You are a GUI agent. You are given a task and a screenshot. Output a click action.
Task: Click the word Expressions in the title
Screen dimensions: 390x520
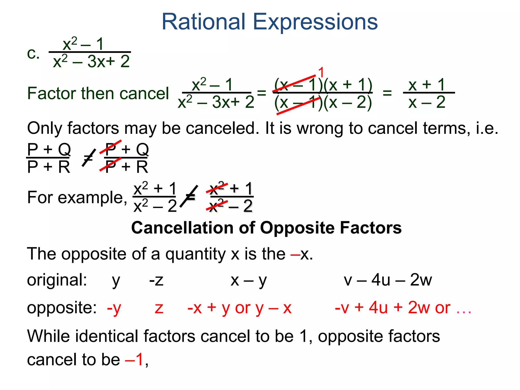pos(315,22)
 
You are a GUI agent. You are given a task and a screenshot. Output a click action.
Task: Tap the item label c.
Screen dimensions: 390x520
pos(33,54)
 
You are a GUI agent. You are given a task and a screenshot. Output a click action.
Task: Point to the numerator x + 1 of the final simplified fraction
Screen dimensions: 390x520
pos(427,85)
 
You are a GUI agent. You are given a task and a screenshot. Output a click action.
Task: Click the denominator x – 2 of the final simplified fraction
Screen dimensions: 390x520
pos(427,102)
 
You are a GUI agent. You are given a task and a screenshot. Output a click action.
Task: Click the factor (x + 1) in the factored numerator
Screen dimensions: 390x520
pos(348,85)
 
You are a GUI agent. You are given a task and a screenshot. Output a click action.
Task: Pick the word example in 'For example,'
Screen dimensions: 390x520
pos(93,198)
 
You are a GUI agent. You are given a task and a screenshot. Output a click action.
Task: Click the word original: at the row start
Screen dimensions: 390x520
pos(57,280)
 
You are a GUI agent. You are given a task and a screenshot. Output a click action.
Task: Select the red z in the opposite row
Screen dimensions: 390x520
pos(159,308)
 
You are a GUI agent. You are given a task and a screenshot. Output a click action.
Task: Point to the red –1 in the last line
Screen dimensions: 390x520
pos(135,360)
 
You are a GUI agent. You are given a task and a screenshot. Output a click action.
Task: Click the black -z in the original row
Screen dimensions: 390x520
pos(156,281)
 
